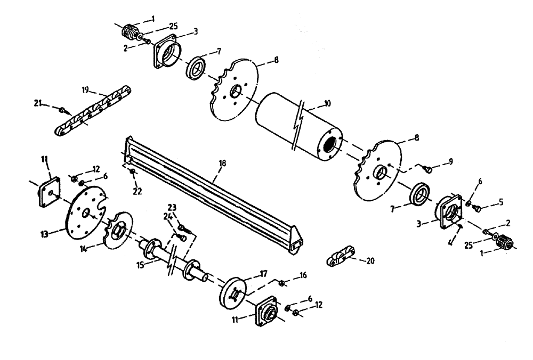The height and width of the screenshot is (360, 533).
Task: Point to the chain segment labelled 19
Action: click(x=91, y=110)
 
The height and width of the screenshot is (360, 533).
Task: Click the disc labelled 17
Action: click(x=233, y=291)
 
